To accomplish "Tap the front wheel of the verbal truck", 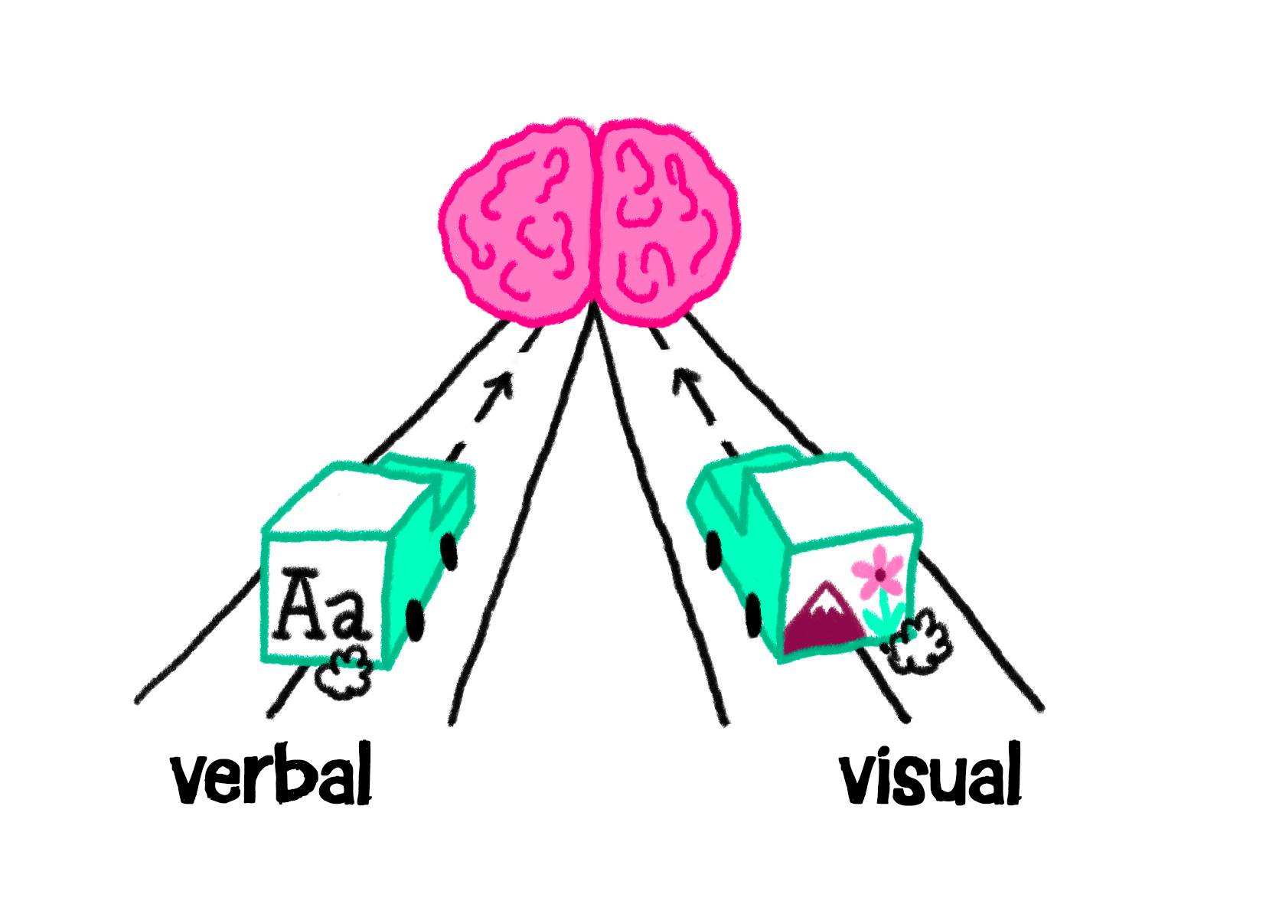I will [x=449, y=550].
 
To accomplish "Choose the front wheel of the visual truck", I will [x=713, y=550].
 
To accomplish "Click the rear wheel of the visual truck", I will [x=754, y=615].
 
